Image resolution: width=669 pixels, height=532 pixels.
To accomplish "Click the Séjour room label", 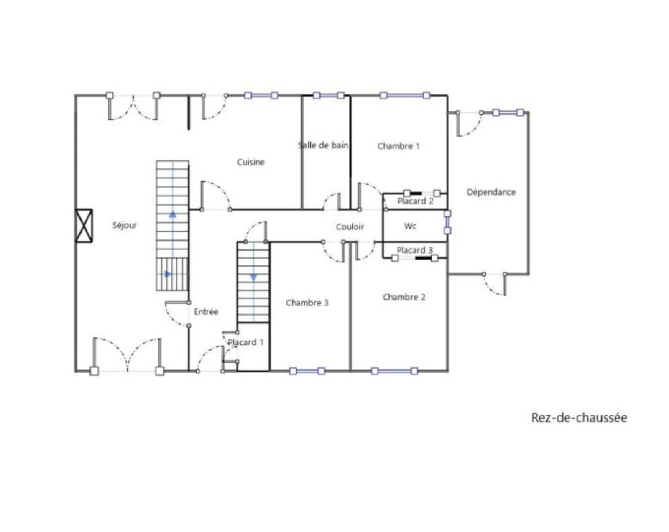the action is click(124, 225).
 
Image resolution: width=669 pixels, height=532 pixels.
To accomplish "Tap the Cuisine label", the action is click(250, 162).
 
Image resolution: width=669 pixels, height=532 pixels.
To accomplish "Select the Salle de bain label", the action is click(323, 145).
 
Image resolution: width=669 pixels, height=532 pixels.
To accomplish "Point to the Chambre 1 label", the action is click(398, 146).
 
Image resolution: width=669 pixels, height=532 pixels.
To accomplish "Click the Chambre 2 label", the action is click(404, 297).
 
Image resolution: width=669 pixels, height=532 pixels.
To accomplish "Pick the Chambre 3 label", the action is click(307, 303).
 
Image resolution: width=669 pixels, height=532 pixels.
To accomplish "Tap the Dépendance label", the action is click(491, 192).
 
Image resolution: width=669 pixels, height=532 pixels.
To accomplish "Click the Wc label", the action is click(410, 226).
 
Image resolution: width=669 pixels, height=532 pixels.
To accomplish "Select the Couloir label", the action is click(350, 227).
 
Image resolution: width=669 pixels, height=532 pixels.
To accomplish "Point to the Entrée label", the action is click(206, 311).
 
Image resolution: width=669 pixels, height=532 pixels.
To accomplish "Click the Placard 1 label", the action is click(245, 342).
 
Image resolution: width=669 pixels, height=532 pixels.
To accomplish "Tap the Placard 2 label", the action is click(415, 201).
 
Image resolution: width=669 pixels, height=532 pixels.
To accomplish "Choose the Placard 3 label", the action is click(415, 250).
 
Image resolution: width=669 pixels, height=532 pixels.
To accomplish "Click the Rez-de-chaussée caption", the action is click(579, 417).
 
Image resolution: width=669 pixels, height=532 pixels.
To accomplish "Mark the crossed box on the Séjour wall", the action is click(84, 226).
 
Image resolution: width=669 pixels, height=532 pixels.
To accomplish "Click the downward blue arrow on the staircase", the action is click(254, 277).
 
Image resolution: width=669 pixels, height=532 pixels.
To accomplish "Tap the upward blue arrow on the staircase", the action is click(173, 214).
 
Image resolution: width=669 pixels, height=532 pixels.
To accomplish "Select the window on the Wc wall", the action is click(447, 222).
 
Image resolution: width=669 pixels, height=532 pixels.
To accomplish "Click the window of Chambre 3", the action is click(307, 371).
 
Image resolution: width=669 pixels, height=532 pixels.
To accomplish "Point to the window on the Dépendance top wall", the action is click(508, 112).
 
